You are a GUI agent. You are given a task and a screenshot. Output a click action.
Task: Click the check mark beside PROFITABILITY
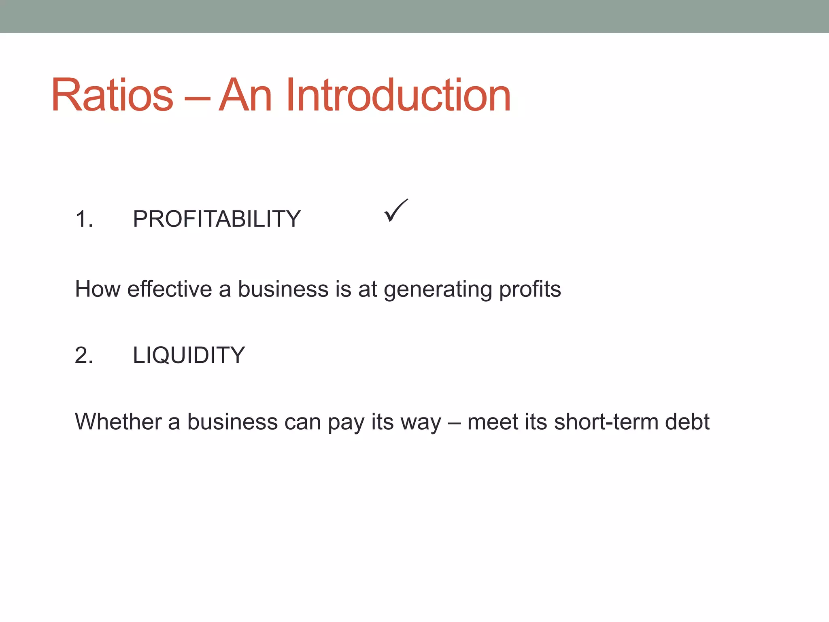coord(395,211)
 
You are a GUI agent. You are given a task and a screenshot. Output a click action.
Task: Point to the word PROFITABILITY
coord(217,219)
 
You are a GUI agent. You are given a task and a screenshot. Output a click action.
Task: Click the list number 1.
coord(84,219)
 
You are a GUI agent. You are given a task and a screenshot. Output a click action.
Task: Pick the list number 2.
coord(84,355)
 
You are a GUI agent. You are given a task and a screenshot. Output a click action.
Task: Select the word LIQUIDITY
coord(189,355)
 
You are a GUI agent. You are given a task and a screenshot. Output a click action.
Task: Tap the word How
coord(98,289)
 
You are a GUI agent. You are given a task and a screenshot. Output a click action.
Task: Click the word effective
coord(169,289)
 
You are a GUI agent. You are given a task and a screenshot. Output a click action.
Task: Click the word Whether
coord(118,422)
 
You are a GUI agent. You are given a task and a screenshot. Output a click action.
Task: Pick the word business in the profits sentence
coord(283,289)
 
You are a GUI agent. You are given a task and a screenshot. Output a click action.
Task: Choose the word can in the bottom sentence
coord(302,422)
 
